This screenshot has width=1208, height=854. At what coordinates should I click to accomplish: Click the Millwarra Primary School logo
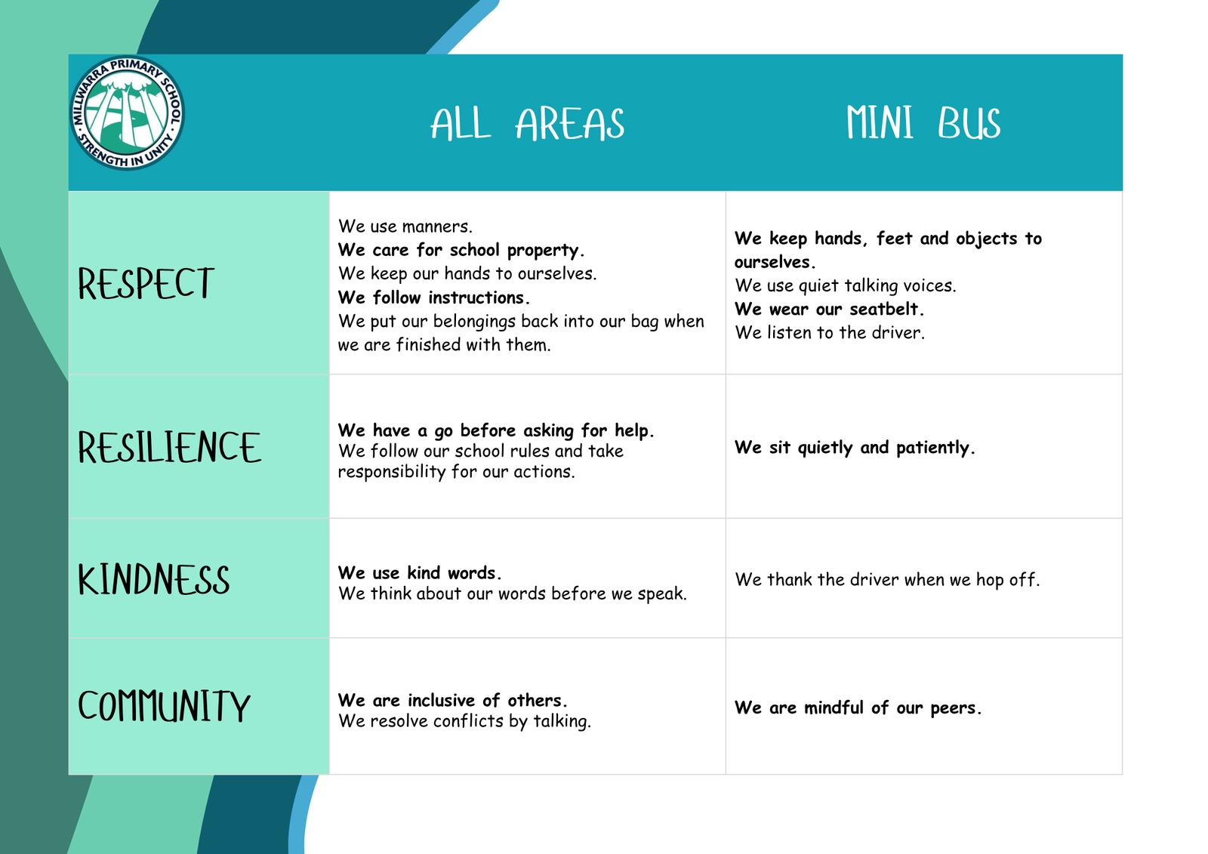(128, 113)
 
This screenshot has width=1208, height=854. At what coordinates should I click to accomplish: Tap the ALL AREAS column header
(528, 124)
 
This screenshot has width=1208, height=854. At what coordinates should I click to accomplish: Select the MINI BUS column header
(923, 122)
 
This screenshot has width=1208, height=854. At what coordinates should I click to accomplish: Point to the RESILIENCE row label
(169, 447)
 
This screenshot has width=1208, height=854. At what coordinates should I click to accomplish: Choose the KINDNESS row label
(154, 579)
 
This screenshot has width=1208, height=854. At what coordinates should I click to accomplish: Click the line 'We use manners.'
(405, 226)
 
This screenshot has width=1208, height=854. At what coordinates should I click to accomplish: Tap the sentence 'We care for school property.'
(461, 250)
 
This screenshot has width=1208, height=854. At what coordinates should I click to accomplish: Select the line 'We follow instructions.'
(434, 298)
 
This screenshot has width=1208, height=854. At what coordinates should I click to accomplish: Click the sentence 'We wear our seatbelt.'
(830, 309)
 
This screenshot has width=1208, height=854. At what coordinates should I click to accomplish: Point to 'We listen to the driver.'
(830, 332)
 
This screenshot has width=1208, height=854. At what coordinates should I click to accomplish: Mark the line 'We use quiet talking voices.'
(845, 285)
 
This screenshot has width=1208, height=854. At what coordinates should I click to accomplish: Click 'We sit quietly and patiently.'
(855, 447)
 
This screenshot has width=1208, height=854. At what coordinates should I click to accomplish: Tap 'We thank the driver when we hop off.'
(887, 579)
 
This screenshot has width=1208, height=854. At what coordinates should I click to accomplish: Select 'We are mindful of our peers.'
(858, 708)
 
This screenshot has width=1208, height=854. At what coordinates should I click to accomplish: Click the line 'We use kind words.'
(420, 572)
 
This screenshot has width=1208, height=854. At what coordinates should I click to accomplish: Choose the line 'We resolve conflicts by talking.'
(464, 721)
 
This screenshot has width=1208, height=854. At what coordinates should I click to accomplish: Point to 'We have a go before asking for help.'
(496, 430)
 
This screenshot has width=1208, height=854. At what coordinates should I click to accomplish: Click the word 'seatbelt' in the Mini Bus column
(883, 309)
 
